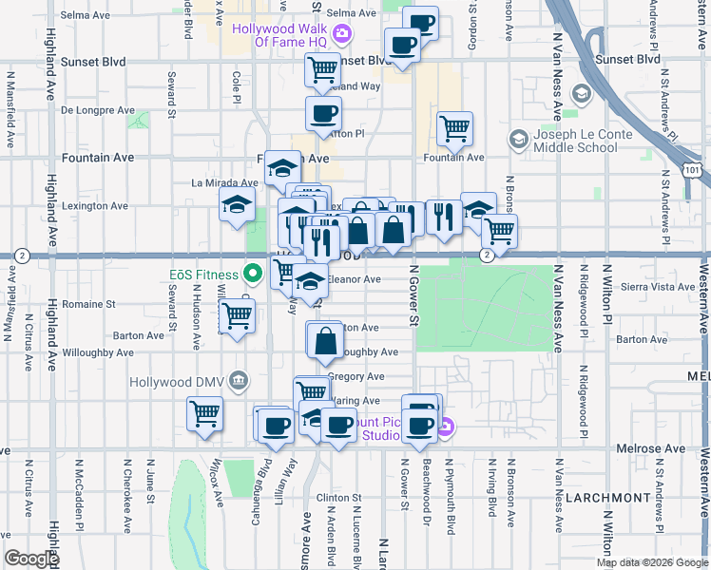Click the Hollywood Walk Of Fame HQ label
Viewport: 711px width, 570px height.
[x=282, y=35]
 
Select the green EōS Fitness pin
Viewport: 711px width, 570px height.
[x=252, y=275]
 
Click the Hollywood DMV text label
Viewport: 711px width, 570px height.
[x=179, y=381]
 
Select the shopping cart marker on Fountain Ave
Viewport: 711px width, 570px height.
[x=455, y=127]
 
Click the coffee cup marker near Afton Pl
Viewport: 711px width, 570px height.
[x=323, y=114]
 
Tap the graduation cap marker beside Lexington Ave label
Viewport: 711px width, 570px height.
[x=238, y=203]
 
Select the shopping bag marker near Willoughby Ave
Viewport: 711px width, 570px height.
[x=325, y=339]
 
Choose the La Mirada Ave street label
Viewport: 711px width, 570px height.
[x=225, y=182]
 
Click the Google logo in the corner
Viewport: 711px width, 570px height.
[x=31, y=559]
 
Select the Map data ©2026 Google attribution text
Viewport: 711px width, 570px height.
[x=651, y=562]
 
